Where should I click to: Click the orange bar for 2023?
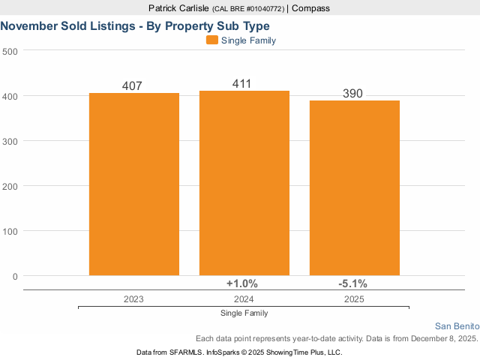pyautogui.click(x=134, y=184)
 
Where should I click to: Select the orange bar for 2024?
pyautogui.click(x=244, y=182)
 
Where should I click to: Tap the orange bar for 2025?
pyautogui.click(x=355, y=187)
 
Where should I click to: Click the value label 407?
pyautogui.click(x=132, y=86)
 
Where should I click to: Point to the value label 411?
pyautogui.click(x=241, y=84)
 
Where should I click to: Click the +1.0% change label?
pyautogui.click(x=242, y=283)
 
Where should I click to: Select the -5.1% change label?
pyautogui.click(x=352, y=283)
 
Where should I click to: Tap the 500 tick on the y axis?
pyautogui.click(x=10, y=51)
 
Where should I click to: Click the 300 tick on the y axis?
pyautogui.click(x=10, y=141)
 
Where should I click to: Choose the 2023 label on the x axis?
pyautogui.click(x=134, y=298)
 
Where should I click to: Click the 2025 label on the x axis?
pyautogui.click(x=355, y=298)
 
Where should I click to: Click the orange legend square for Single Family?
pyautogui.click(x=211, y=40)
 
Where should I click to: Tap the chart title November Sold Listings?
pyautogui.click(x=135, y=25)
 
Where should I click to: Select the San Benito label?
pyautogui.click(x=457, y=325)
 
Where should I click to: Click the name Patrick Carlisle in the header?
pyautogui.click(x=180, y=8)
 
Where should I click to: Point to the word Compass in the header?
pyautogui.click(x=310, y=8)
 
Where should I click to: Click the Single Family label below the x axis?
pyautogui.click(x=244, y=313)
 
